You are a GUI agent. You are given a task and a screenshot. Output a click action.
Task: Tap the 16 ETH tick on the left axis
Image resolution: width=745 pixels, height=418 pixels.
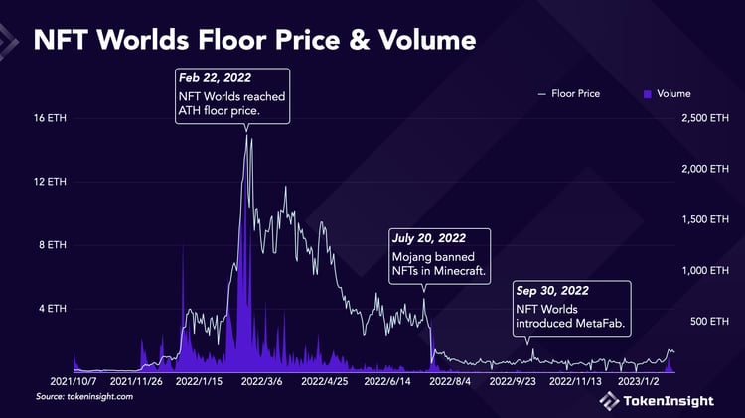pos(51,118)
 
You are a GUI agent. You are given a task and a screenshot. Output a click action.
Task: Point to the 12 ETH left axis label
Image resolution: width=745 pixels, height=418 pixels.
pos(51,182)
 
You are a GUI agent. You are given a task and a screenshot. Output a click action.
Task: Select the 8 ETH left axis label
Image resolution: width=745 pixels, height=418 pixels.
pos(53,244)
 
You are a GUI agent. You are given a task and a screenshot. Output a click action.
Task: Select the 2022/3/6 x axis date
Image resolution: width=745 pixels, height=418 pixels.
pos(262,380)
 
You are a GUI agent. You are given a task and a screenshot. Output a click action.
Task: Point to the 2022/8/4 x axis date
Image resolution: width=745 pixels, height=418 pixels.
pos(447,380)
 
